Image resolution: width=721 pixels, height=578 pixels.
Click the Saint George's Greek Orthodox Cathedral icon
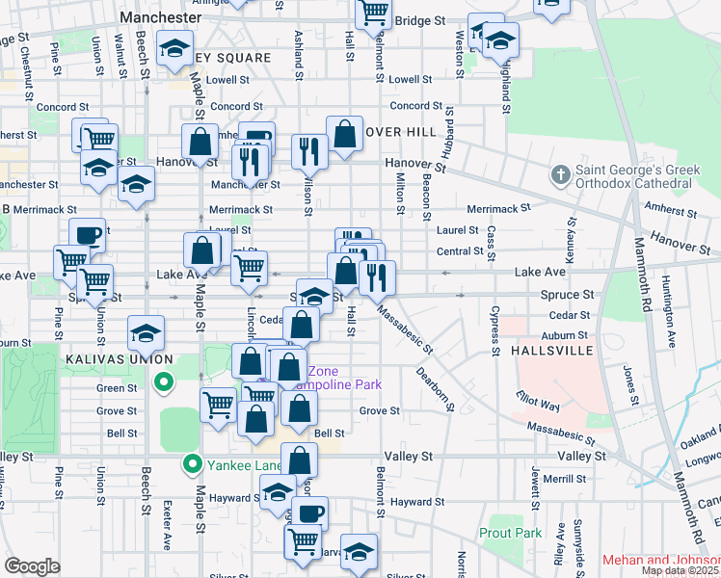pos(560,176)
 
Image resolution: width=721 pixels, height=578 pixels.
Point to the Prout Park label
pos(510,532)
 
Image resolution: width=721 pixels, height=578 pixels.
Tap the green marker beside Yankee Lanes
pos(193,465)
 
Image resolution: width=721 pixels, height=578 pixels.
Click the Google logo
pos(32,566)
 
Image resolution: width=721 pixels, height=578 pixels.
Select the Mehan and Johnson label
pos(660,560)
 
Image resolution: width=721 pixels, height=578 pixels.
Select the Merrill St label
pos(564,479)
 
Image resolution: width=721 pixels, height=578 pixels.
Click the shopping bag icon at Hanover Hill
pos(344,136)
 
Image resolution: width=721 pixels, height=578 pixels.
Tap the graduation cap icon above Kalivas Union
pos(146,333)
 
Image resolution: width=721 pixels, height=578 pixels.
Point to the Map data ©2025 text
pos(681,570)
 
